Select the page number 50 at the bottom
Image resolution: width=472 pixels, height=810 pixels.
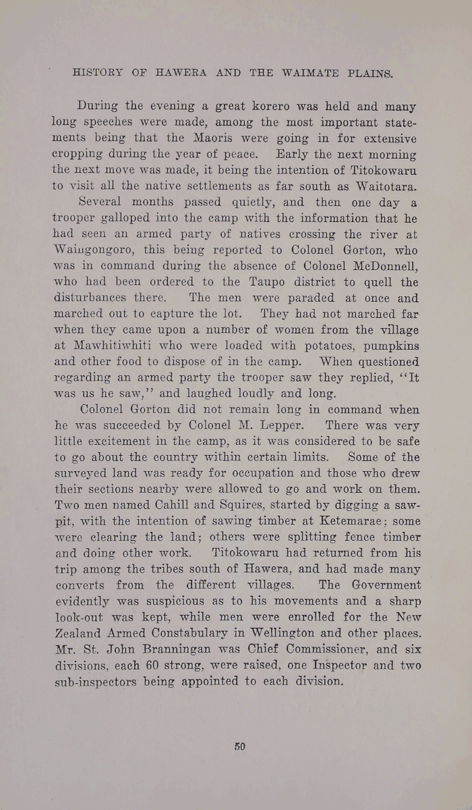coord(239,747)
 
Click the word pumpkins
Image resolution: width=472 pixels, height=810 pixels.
coord(387,346)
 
